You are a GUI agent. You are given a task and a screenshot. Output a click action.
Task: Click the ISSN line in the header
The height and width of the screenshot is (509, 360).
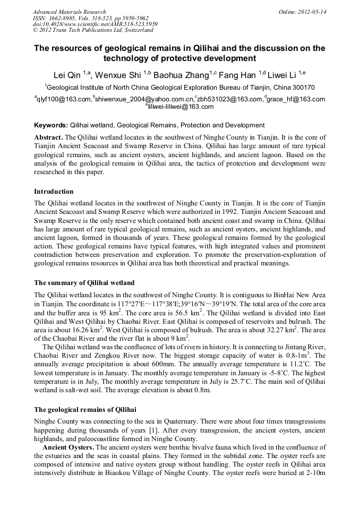(x=90, y=18)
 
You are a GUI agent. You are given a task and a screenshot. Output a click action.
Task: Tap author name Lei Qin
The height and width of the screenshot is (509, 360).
(x=67, y=74)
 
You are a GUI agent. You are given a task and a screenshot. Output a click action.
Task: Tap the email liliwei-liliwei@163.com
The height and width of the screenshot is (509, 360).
(x=181, y=107)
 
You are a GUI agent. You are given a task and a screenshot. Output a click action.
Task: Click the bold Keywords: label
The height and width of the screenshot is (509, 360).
(x=51, y=125)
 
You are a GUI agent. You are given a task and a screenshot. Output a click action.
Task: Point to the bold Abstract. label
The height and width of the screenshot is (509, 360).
(x=48, y=137)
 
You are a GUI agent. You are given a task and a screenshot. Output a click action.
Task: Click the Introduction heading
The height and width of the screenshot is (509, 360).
(x=54, y=191)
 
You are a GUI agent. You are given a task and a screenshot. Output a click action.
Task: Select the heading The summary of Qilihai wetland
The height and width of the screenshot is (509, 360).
(x=84, y=282)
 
